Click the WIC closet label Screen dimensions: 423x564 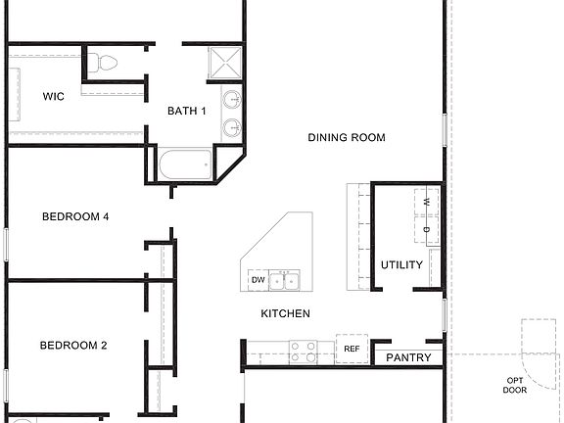click(53, 97)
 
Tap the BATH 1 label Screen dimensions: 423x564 click(187, 111)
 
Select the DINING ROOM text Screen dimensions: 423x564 click(346, 138)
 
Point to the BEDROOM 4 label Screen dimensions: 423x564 click(74, 217)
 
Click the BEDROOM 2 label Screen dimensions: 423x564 click(73, 346)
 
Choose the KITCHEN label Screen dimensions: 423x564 click(285, 314)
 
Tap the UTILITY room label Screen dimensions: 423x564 click(401, 265)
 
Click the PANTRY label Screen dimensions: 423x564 click(408, 358)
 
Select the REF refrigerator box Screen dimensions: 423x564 click(351, 349)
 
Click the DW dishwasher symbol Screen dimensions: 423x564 click(258, 281)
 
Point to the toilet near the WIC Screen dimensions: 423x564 click(102, 65)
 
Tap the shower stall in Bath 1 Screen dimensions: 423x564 click(225, 63)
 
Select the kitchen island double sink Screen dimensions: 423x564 click(285, 281)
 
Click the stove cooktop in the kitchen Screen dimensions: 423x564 click(303, 348)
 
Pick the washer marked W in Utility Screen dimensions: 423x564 click(427, 203)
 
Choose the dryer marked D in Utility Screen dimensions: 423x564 click(427, 230)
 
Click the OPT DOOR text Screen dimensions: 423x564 click(514, 385)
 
